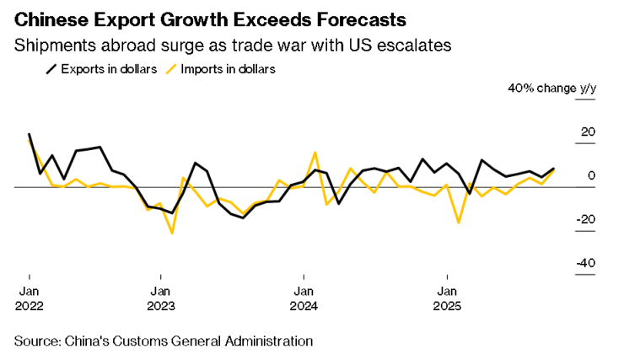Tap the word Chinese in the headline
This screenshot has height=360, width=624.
[53, 19]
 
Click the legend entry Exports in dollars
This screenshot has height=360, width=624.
[105, 69]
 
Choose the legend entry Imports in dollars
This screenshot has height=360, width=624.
[227, 69]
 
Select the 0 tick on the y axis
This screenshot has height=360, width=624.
[591, 175]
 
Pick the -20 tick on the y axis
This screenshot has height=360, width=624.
[585, 219]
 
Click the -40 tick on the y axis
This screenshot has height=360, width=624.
[585, 263]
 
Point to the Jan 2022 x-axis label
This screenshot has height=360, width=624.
[30, 298]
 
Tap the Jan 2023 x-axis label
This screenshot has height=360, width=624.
[160, 298]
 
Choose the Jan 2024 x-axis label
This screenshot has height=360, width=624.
[303, 298]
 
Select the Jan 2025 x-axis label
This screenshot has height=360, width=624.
[446, 298]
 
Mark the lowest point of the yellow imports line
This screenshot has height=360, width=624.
[172, 233]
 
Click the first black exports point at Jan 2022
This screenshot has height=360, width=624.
[30, 134]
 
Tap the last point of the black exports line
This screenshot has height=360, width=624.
[554, 169]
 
